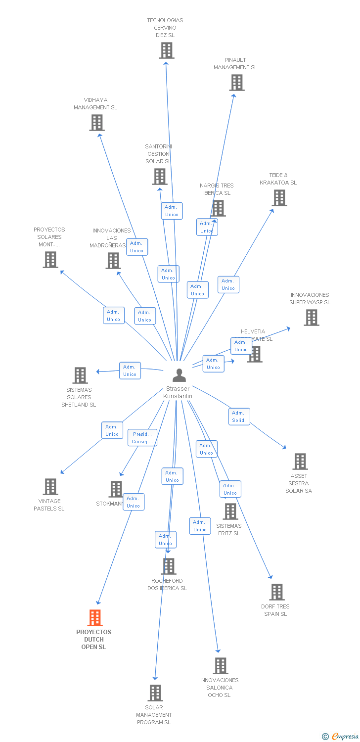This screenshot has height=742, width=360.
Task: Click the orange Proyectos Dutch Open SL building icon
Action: [x=95, y=618]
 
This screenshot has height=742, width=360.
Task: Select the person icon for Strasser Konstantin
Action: [x=179, y=375]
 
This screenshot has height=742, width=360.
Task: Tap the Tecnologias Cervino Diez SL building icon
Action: [x=167, y=50]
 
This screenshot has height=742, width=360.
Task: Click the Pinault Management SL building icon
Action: [x=237, y=83]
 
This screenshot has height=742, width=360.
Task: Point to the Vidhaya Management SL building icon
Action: [x=97, y=123]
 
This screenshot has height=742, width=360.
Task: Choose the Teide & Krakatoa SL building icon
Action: [x=279, y=198]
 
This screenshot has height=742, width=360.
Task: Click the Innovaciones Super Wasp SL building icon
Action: [x=312, y=318]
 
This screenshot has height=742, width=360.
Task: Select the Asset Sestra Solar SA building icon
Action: [x=300, y=462]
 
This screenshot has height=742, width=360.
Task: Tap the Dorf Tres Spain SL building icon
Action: [x=277, y=592]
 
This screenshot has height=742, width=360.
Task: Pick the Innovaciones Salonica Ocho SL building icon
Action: [x=221, y=666]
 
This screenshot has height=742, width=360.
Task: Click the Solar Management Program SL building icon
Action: [x=156, y=693]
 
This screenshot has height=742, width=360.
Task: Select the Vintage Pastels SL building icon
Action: [x=50, y=487]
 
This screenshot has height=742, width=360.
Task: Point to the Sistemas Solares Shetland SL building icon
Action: [x=80, y=375]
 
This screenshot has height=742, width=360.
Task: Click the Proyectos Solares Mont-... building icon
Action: [x=50, y=260]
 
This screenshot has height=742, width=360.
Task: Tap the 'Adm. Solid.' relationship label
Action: [x=239, y=417]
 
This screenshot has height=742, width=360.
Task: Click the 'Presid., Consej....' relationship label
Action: [x=142, y=438]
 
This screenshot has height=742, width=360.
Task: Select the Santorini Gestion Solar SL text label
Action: [x=158, y=154]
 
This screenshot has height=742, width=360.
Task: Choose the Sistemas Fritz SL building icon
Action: [x=230, y=511]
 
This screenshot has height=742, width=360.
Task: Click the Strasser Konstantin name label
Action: [x=178, y=392]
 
